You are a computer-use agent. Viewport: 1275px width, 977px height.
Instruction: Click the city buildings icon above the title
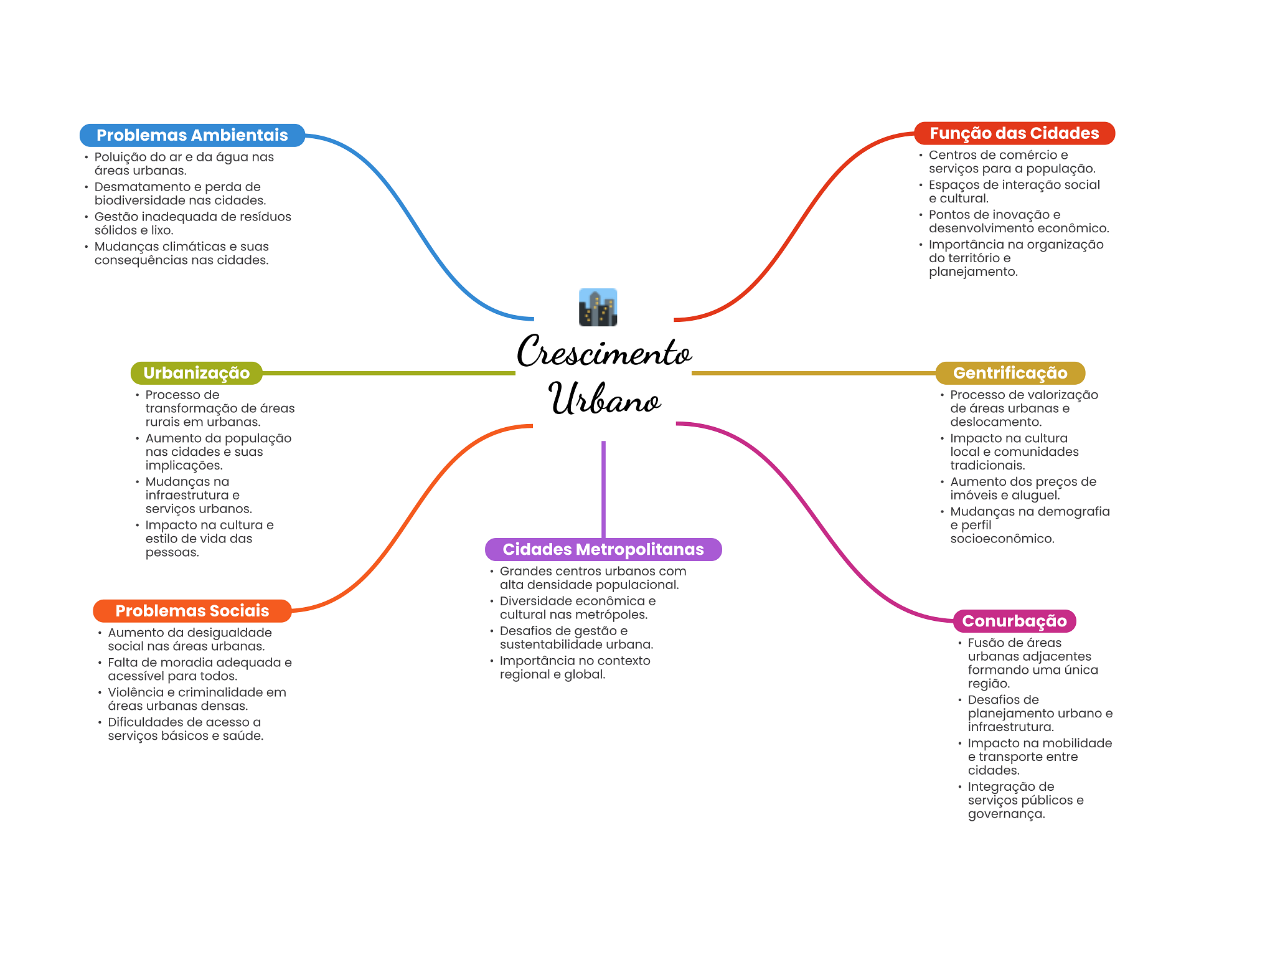pyautogui.click(x=598, y=307)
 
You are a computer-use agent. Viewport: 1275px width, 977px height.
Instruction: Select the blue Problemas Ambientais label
pyautogui.click(x=192, y=135)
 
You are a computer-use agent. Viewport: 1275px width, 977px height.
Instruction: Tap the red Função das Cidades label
pyautogui.click(x=1014, y=133)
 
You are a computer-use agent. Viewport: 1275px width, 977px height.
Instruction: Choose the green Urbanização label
pyautogui.click(x=196, y=373)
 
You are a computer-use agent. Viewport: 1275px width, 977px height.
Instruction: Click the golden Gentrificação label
pyautogui.click(x=1010, y=373)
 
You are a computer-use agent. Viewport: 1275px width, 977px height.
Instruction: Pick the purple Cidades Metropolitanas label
pyautogui.click(x=603, y=549)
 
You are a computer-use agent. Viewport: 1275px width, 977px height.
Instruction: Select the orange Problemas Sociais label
pyautogui.click(x=192, y=611)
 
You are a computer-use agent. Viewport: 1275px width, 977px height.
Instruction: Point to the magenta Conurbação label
pyautogui.click(x=1014, y=621)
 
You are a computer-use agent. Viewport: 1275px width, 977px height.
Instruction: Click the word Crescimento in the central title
pyautogui.click(x=604, y=351)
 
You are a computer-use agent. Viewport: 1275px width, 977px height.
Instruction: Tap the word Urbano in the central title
pyautogui.click(x=604, y=399)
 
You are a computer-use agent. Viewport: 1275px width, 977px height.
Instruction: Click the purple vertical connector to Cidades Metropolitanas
pyautogui.click(x=603, y=489)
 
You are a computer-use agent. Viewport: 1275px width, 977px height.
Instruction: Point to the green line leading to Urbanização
pyautogui.click(x=389, y=373)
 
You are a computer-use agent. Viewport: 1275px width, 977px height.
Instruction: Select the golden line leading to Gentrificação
pyautogui.click(x=814, y=373)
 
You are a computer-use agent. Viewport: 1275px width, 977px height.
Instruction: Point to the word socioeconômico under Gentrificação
pyautogui.click(x=1002, y=539)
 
